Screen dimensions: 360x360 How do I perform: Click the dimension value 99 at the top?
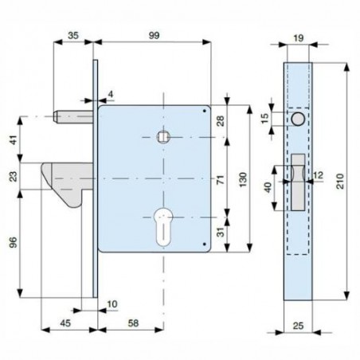pyautogui.click(x=154, y=35)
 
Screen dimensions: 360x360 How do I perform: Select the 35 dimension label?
pyautogui.click(x=73, y=35)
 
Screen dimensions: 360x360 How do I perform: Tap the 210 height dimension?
pyautogui.click(x=340, y=182)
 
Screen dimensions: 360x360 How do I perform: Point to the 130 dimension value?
pyautogui.click(x=243, y=180)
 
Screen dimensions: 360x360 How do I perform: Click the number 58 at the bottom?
pyautogui.click(x=133, y=323)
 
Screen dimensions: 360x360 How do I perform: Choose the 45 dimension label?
pyautogui.click(x=65, y=323)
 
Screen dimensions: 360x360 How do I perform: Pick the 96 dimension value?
pyautogui.click(x=14, y=242)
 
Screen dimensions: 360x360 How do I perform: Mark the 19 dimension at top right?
pyautogui.click(x=299, y=38)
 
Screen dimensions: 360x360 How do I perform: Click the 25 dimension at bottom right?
pyautogui.click(x=298, y=326)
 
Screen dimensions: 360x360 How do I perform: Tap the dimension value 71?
pyautogui.click(x=221, y=180)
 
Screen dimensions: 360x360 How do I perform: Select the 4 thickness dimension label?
pyautogui.click(x=111, y=94)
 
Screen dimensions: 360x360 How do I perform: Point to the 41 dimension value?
pyautogui.click(x=14, y=139)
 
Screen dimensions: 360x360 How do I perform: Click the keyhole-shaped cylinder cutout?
pyautogui.click(x=163, y=227)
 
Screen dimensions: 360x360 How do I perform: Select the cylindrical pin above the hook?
pyautogui.click(x=73, y=117)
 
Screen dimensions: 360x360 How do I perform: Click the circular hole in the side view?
pyautogui.click(x=298, y=119)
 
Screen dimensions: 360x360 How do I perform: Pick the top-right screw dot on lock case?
pyautogui.click(x=204, y=111)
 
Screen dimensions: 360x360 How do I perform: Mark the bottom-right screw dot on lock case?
pyautogui.click(x=204, y=244)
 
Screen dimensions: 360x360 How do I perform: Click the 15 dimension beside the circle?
pyautogui.click(x=265, y=119)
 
